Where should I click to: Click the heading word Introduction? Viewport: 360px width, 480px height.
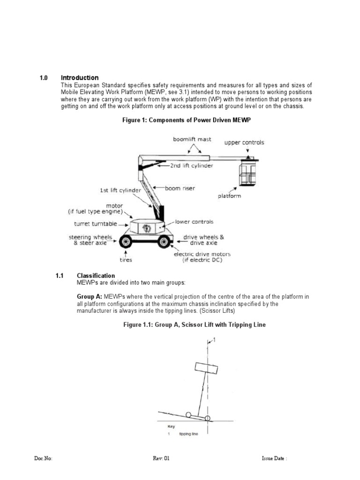[80, 77]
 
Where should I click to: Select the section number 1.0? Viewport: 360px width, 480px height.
[44, 77]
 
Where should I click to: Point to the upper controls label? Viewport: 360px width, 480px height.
[244, 142]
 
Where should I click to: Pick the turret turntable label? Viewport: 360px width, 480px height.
[95, 224]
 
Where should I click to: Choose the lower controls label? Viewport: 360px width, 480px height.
[194, 221]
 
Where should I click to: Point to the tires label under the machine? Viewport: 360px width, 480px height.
[125, 260]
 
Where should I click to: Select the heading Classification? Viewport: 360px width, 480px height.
[96, 276]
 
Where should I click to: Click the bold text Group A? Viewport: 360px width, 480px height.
[89, 297]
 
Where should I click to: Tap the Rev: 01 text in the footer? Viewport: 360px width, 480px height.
[160, 458]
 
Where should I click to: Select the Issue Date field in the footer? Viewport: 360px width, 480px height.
[274, 458]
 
